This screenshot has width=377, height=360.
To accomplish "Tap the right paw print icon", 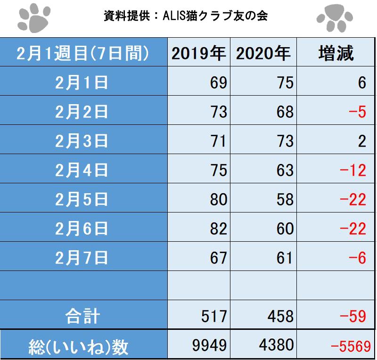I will point(334,18).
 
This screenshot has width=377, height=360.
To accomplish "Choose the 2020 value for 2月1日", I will point(285,83).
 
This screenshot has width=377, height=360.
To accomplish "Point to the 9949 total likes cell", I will point(210,346).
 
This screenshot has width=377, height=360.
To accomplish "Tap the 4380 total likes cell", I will point(277,346).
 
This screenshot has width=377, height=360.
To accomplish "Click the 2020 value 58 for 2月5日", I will point(285,199).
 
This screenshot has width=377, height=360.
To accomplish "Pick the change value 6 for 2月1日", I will point(361,83).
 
